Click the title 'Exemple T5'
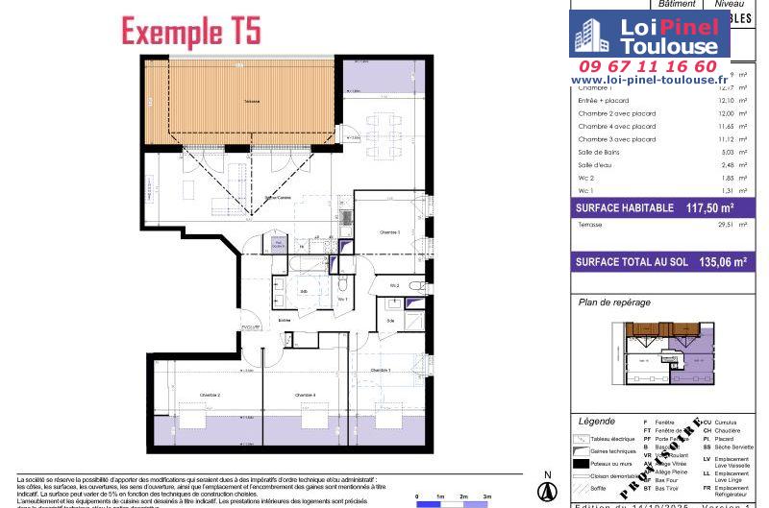click(190, 31)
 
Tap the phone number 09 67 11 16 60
click(643, 66)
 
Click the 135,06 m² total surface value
click(720, 260)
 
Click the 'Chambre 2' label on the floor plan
click(211, 396)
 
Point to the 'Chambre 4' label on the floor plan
click(306, 396)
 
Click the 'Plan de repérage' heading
click(615, 302)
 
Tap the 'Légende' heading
click(597, 422)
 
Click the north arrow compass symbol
click(546, 489)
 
